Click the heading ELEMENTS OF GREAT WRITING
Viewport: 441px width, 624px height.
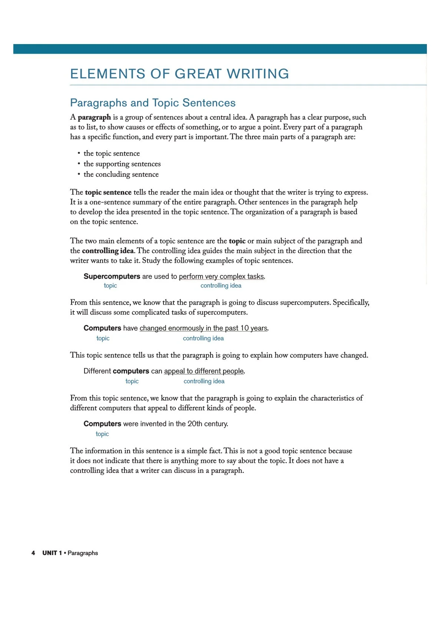coord(179,74)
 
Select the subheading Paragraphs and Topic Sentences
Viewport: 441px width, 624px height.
coord(153,103)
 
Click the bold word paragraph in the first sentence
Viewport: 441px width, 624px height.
coord(94,117)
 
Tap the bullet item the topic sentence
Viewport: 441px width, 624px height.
coord(112,153)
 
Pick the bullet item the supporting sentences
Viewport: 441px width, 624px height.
coord(122,164)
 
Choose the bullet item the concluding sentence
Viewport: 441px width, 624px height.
coord(121,174)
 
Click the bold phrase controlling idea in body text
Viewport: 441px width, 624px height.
coord(107,251)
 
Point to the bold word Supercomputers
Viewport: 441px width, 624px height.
coord(112,276)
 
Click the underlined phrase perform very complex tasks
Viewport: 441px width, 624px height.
coord(222,276)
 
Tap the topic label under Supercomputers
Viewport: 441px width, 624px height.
coord(110,286)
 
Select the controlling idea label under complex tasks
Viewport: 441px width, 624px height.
coord(221,286)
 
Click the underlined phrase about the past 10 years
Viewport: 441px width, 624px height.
coord(203,328)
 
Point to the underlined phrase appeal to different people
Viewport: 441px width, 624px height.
coord(204,371)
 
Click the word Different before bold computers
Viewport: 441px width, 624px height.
coord(97,371)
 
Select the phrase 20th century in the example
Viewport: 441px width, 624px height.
coord(208,424)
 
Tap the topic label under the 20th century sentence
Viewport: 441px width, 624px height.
coord(102,434)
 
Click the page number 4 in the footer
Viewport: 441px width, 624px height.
coord(33,553)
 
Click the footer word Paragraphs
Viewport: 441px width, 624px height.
coord(83,553)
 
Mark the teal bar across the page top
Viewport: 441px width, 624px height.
coord(220,49)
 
